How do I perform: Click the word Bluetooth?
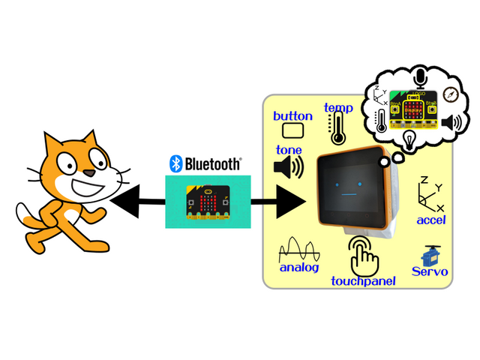213,163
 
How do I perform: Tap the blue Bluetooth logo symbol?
175,163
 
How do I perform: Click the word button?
292,115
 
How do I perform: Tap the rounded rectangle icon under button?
292,131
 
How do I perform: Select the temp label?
338,108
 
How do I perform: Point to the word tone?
289,149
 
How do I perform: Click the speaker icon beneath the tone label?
289,167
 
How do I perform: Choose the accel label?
431,220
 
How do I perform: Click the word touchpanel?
364,281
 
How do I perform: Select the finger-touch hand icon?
364,255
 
